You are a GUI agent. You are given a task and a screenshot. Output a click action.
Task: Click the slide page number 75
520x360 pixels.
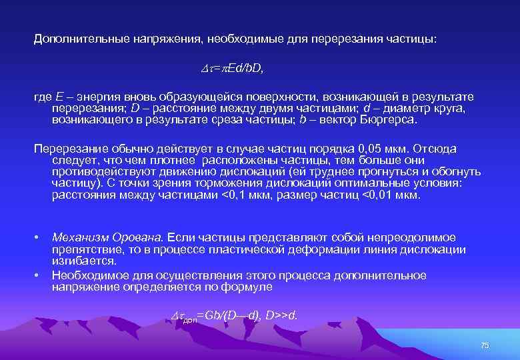pos(485,345)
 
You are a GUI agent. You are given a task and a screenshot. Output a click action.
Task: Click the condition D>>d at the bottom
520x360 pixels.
pos(281,315)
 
